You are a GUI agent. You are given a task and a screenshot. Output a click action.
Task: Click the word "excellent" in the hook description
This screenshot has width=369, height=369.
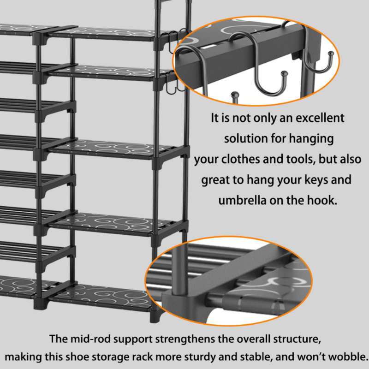(320, 118)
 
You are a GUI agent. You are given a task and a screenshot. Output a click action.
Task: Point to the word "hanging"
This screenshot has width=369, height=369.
(311, 139)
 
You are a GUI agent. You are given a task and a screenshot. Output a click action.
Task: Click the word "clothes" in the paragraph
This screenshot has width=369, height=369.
(240, 159)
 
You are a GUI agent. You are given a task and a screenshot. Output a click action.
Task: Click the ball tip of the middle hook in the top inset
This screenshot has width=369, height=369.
(284, 73)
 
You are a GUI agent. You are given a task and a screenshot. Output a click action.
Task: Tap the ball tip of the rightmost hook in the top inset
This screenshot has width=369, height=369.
(331, 54)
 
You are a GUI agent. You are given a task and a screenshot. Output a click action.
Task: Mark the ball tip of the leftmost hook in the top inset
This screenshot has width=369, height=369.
(235, 95)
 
